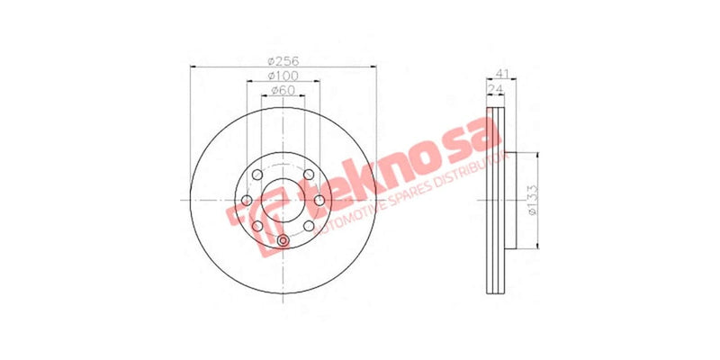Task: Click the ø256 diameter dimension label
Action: click(283, 60)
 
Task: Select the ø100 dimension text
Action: click(283, 76)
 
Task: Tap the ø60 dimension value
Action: click(283, 91)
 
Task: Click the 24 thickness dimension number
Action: click(495, 89)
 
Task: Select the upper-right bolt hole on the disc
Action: click(307, 175)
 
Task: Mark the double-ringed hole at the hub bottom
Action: click(283, 240)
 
